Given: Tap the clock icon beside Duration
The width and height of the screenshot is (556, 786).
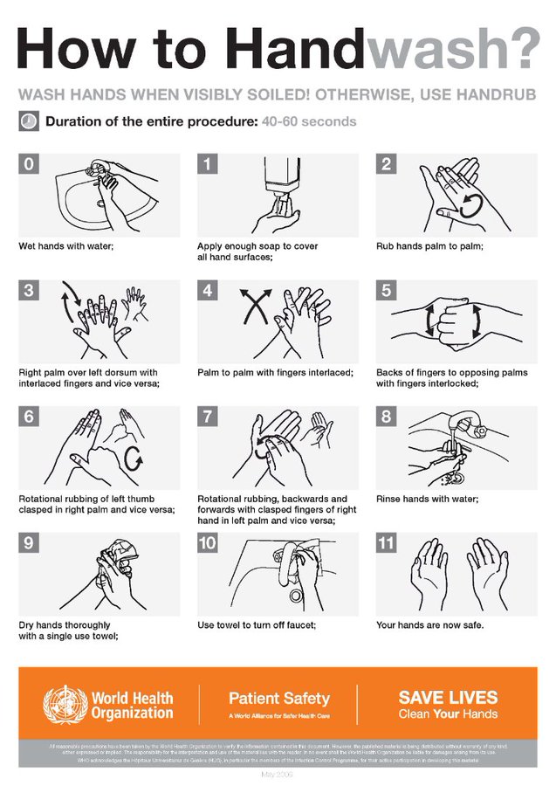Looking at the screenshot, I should [27, 121].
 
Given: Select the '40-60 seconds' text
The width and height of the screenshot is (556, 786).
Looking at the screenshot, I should [308, 121].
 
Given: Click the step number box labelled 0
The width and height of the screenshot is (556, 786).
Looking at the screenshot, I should [29, 163].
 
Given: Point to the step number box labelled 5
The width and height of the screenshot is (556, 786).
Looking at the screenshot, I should [387, 290].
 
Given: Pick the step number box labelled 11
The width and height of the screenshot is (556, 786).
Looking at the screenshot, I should [387, 543].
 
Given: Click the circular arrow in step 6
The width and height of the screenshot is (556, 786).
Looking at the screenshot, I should [134, 457].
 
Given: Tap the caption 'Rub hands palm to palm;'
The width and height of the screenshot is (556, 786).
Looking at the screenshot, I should [429, 246].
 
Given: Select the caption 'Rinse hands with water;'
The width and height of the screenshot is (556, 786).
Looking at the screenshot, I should [427, 500].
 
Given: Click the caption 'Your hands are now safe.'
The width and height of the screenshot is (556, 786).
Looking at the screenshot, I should [429, 625].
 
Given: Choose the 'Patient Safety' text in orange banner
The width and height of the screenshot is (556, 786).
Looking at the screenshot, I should [279, 698].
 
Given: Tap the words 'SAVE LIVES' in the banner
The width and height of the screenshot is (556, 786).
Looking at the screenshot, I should [448, 697].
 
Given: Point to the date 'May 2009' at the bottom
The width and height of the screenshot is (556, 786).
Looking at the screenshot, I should [278, 775].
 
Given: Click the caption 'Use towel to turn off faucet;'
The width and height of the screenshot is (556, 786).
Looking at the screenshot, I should [257, 625].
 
